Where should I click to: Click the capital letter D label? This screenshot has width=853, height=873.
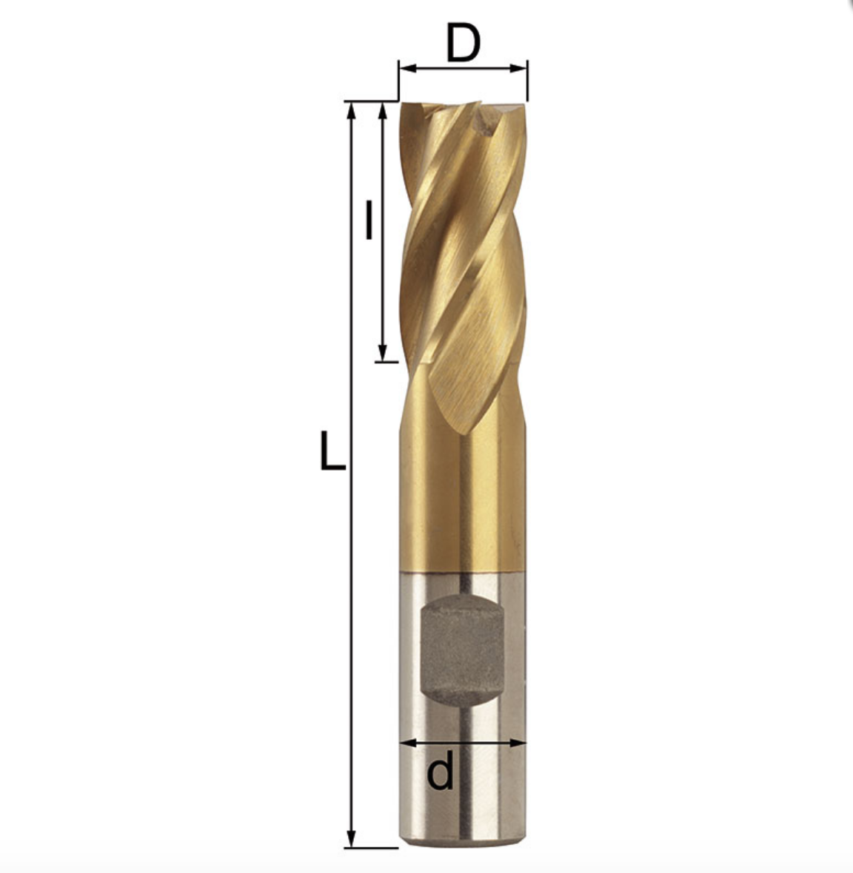click(x=463, y=44)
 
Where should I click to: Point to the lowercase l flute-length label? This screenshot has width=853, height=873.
click(x=368, y=220)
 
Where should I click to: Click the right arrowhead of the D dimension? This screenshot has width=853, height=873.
click(x=519, y=69)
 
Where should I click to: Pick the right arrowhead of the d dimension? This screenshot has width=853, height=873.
click(x=518, y=743)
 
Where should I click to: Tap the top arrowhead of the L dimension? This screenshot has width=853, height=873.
click(x=350, y=111)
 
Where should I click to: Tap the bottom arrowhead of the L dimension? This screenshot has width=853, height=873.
click(x=351, y=839)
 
